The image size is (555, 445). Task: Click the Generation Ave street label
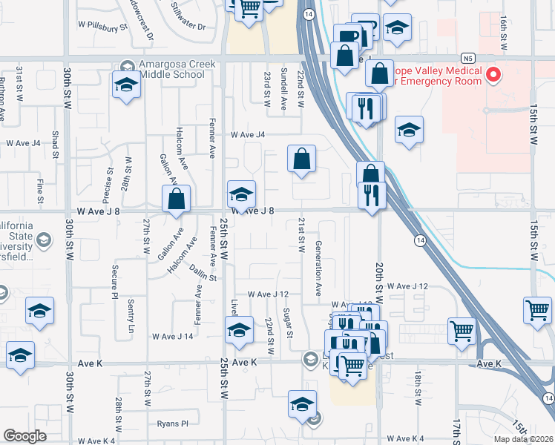318,268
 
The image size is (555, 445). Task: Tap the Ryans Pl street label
173,423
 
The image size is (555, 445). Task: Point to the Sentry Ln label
131,315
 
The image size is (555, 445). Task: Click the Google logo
25,436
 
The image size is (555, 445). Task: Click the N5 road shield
467,56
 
